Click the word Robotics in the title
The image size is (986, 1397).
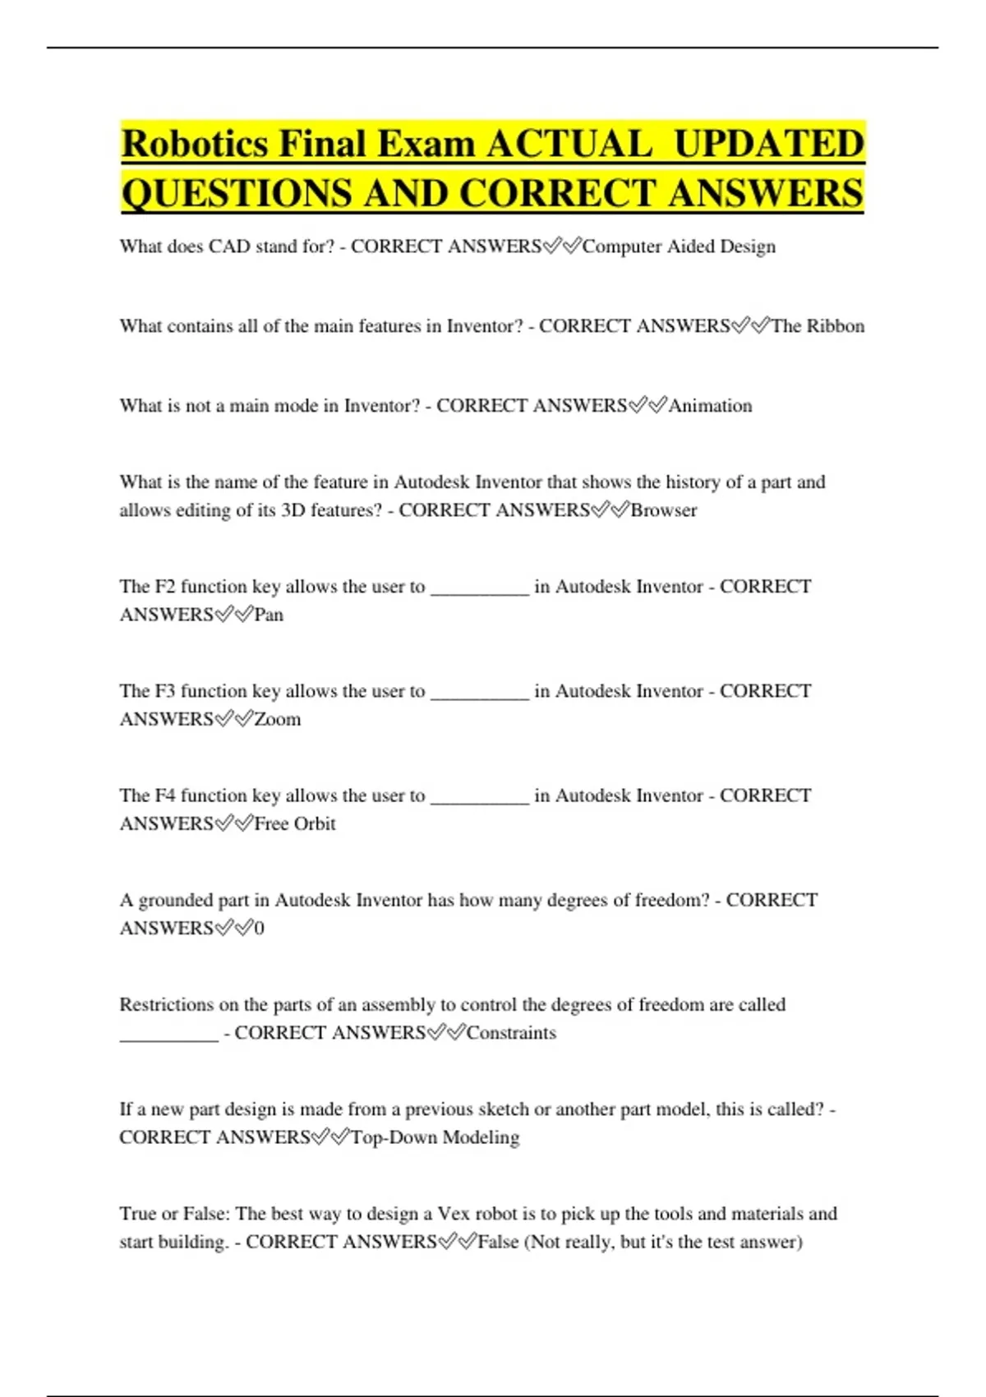[195, 144]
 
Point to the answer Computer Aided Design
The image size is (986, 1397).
[679, 247]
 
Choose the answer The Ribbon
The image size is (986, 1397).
[818, 326]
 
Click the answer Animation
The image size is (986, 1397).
[710, 406]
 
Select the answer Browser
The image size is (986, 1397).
[663, 510]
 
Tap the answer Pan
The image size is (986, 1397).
[269, 615]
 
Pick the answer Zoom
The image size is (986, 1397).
[278, 719]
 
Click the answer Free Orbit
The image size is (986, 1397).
[295, 823]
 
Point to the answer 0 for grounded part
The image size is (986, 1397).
[260, 929]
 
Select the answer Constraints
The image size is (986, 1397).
[511, 1033]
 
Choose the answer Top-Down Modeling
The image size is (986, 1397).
[435, 1137]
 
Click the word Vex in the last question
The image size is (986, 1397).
[454, 1214]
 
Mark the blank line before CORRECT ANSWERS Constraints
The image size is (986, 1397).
[169, 1037]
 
